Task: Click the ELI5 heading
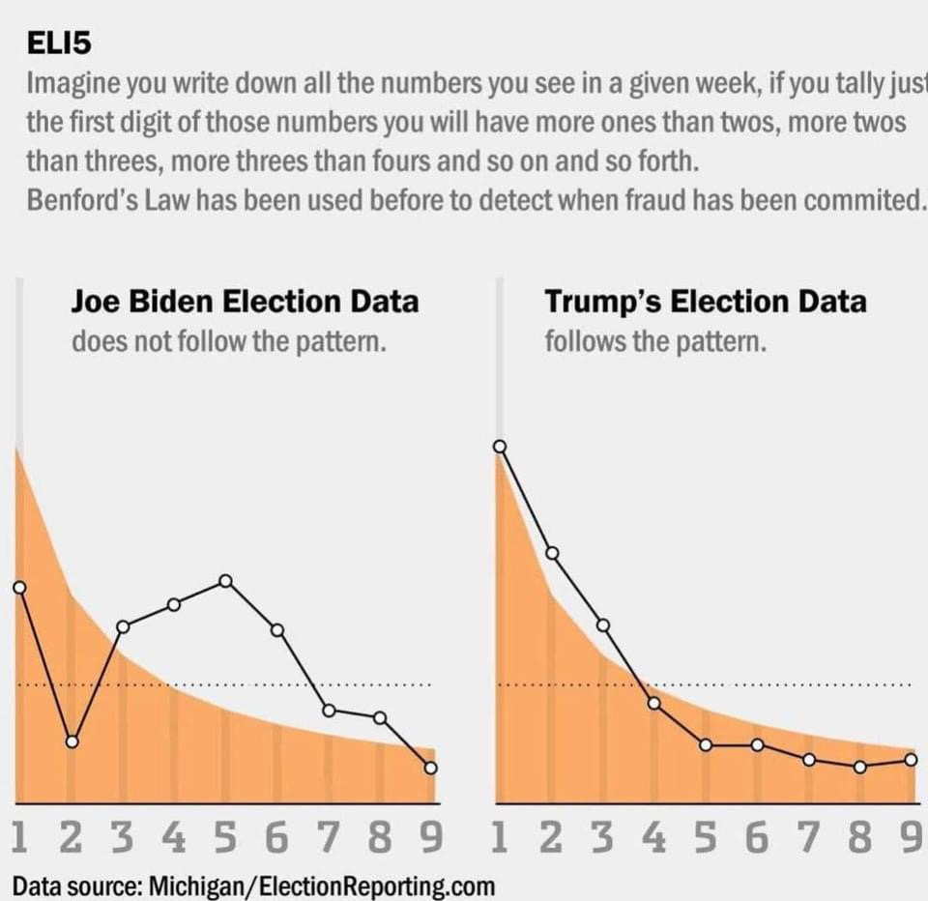pyautogui.click(x=59, y=44)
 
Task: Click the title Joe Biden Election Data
pyautogui.click(x=245, y=302)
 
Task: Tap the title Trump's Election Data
pyautogui.click(x=706, y=302)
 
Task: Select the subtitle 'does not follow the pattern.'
pyautogui.click(x=229, y=341)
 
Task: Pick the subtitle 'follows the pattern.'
pyautogui.click(x=655, y=341)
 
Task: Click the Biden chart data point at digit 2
pyautogui.click(x=72, y=741)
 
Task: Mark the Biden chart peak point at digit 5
pyautogui.click(x=225, y=580)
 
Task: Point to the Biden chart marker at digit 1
pyautogui.click(x=19, y=587)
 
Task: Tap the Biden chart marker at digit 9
pyautogui.click(x=431, y=768)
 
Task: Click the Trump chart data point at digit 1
pyautogui.click(x=500, y=446)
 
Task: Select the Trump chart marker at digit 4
pyautogui.click(x=654, y=703)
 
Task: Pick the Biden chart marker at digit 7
pyautogui.click(x=329, y=711)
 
